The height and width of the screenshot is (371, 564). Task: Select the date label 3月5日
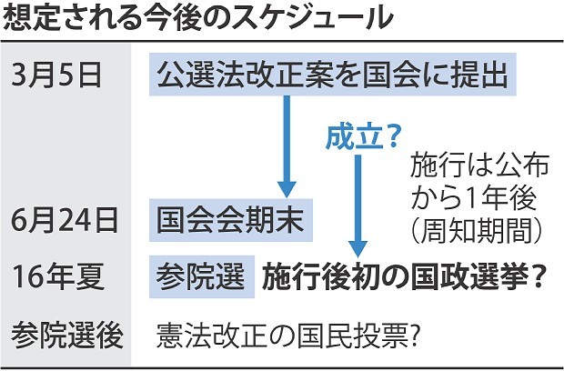[57, 75]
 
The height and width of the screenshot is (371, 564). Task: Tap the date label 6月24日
[62, 221]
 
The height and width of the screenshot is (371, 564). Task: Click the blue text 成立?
[363, 137]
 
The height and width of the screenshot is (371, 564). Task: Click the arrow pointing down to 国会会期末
[288, 146]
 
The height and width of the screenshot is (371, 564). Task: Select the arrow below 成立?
[358, 205]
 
